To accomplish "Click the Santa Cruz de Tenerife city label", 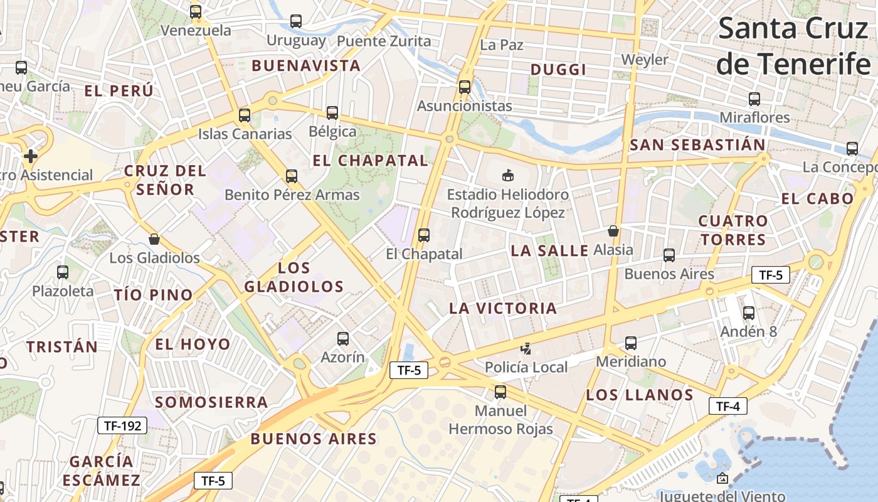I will coord(794,46).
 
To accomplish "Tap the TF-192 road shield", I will coord(122,425).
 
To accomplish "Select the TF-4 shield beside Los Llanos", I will coord(727,406).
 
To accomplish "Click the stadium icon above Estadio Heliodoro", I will coord(507,175).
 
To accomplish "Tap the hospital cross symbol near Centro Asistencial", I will coord(30,156).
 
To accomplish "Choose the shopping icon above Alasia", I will coord(613,231).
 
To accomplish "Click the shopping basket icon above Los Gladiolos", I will coord(154,239).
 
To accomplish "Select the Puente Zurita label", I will coord(384,41).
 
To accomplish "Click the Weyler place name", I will coord(645,60).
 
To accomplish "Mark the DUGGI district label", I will coord(558,70).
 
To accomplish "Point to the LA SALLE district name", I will coord(549,250).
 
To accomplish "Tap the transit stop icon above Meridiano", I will coord(631,343).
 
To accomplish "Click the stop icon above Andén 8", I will coord(748,313).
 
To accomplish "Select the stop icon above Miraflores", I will coord(754,99).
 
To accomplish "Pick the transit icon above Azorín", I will coord(342,339).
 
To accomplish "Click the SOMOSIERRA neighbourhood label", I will coord(211,402).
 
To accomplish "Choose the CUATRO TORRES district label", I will coord(733,230).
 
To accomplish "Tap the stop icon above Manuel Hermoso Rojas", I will coord(500,392).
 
